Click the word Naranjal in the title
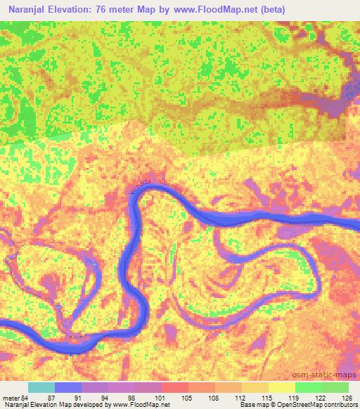tap(26, 9)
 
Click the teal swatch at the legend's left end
tap(41, 387)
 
